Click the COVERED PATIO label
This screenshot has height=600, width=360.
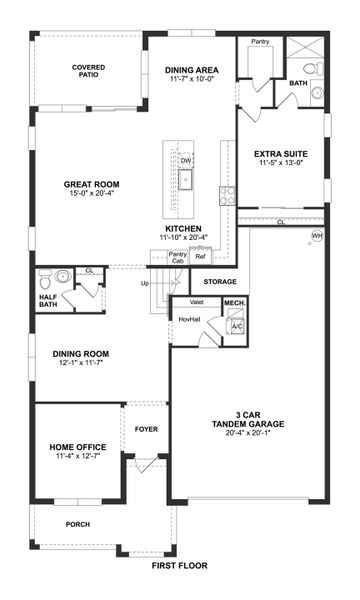tap(88, 71)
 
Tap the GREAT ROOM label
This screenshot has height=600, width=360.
tap(91, 184)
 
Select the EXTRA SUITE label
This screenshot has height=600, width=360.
tap(281, 153)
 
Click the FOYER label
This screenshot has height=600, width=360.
tap(147, 430)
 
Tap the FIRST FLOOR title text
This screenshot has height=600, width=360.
tap(180, 565)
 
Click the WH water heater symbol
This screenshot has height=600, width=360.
tap(318, 236)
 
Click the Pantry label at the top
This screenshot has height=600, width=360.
tap(261, 42)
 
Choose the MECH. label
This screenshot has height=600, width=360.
tap(235, 302)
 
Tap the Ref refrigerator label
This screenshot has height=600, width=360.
tap(200, 256)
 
